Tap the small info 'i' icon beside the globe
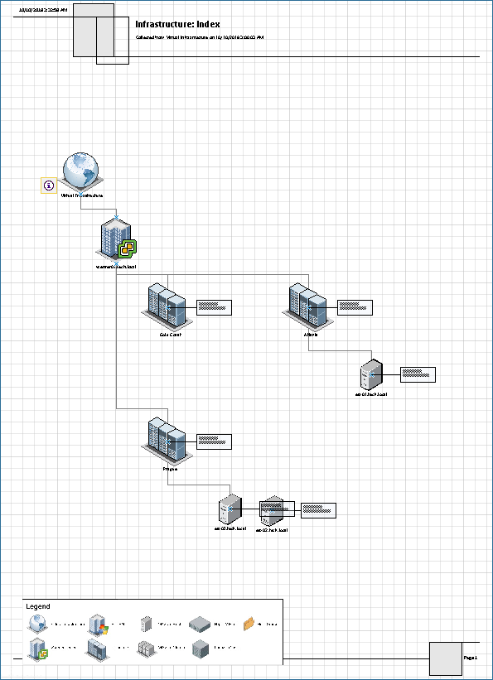point(49,186)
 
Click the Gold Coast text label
point(171,334)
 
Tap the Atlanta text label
point(311,334)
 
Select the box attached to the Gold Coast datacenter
point(214,307)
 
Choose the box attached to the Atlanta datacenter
point(355,307)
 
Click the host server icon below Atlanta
point(370,374)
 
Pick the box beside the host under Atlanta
point(418,374)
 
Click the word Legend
point(38,606)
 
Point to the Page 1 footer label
point(471,657)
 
